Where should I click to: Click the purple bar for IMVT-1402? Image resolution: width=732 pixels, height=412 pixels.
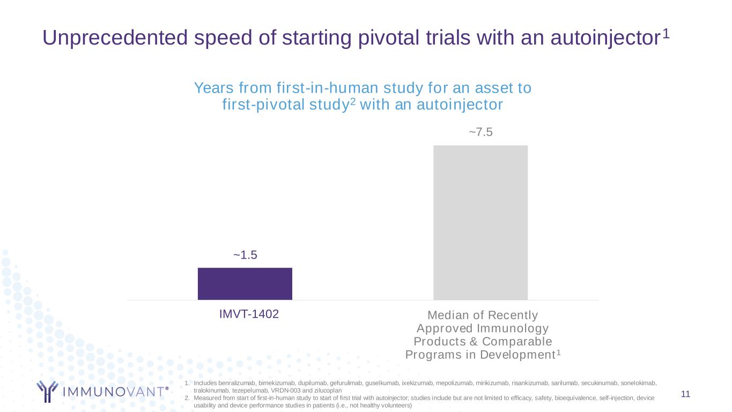coord(245,284)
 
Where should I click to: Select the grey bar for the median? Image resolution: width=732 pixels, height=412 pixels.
coord(480,223)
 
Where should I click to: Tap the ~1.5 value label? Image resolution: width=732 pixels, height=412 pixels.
coord(245,255)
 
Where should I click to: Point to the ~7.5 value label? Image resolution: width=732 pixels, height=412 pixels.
coord(480,132)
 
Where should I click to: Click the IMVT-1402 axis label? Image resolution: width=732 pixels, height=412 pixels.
coord(249,314)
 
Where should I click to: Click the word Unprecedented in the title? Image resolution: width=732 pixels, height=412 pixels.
coord(115,38)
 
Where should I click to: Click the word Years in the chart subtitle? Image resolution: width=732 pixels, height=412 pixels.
coord(214,88)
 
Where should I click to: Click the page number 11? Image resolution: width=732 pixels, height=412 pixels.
coord(685,394)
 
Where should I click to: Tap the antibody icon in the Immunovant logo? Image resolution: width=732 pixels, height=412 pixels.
coord(47,391)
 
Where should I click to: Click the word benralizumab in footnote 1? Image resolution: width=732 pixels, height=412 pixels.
coord(236,383)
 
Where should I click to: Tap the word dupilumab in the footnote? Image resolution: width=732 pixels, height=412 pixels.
coord(313,383)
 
